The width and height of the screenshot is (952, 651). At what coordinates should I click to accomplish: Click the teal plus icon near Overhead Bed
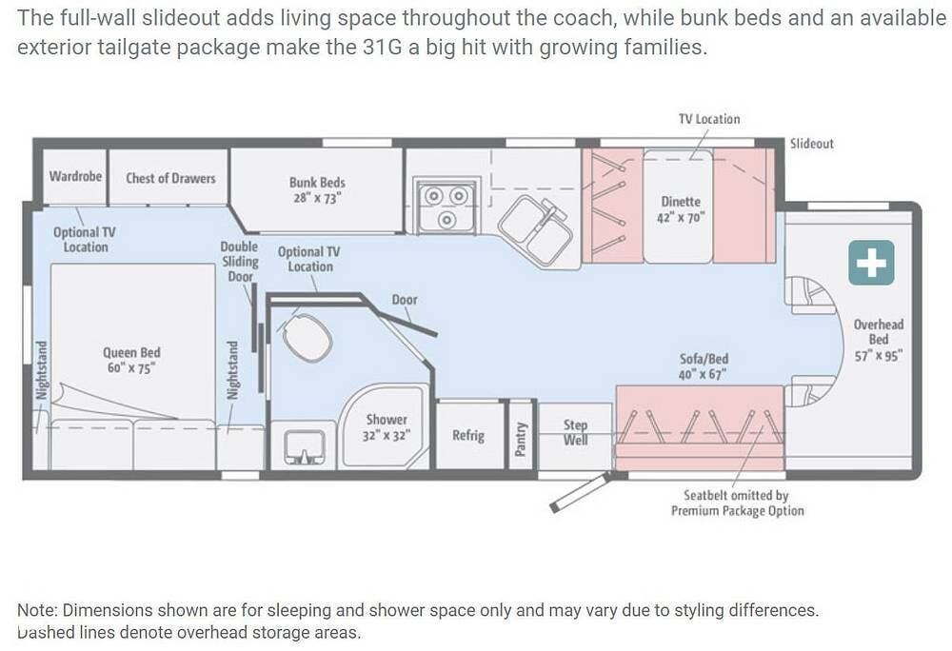pyautogui.click(x=871, y=263)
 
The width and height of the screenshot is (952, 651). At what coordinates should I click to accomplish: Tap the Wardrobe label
pyautogui.click(x=75, y=177)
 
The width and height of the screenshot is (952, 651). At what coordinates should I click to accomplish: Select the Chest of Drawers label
pyautogui.click(x=170, y=178)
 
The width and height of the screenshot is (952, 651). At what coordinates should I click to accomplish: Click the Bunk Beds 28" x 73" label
pyautogui.click(x=317, y=190)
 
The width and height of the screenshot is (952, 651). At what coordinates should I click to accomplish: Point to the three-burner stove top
pyautogui.click(x=446, y=205)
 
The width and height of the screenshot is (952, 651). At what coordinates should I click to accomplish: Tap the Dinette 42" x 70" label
pyautogui.click(x=681, y=209)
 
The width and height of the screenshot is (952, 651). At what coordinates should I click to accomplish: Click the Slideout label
pyautogui.click(x=812, y=144)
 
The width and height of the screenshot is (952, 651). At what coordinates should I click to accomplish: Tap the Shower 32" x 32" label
pyautogui.click(x=387, y=427)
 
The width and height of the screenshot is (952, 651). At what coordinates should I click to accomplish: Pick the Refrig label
pyautogui.click(x=468, y=435)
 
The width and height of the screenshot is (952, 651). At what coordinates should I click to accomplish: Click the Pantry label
pyautogui.click(x=521, y=439)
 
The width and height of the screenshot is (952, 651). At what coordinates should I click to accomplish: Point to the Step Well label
pyautogui.click(x=575, y=432)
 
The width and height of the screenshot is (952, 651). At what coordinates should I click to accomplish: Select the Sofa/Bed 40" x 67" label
pyautogui.click(x=704, y=366)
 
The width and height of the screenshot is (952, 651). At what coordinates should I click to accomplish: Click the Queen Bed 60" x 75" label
pyautogui.click(x=131, y=361)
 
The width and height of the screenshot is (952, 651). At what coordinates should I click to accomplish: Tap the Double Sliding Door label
pyautogui.click(x=239, y=262)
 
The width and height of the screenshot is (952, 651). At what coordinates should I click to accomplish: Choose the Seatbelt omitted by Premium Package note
pyautogui.click(x=737, y=503)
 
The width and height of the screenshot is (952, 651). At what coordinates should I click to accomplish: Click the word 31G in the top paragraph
pyautogui.click(x=382, y=47)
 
